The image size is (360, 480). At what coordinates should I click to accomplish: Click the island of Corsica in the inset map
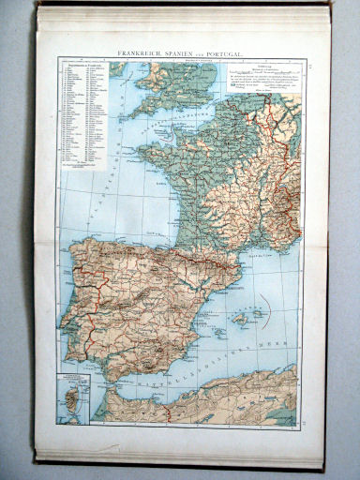(72, 391)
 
